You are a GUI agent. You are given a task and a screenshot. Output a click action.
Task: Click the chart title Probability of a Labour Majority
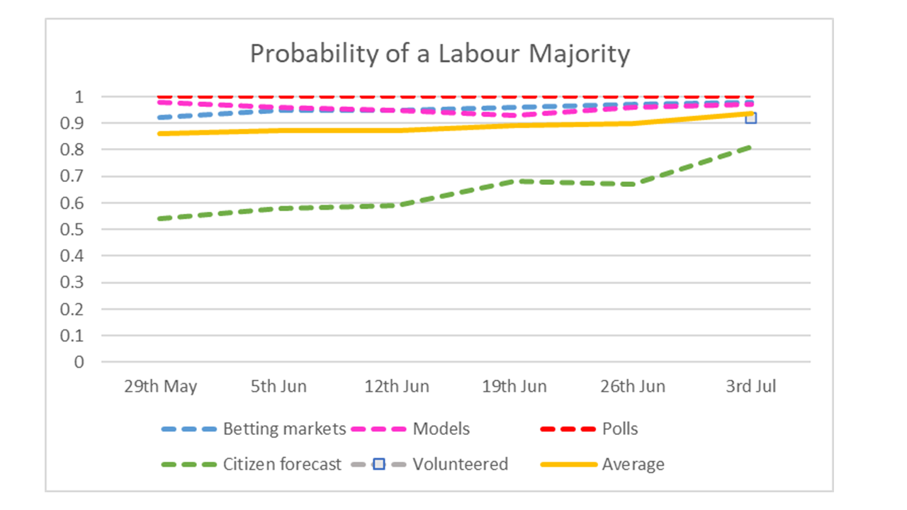439,54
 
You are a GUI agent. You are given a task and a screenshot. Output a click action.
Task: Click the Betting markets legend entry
284,429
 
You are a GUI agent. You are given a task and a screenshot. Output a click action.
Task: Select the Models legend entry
441,429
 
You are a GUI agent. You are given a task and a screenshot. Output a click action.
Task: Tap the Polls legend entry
619,429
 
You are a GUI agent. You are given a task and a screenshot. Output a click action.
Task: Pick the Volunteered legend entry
460,465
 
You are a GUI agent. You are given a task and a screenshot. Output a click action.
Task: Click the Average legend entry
633,465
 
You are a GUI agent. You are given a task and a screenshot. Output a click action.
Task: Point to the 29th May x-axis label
161,387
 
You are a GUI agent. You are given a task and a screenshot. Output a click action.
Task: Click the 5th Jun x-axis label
278,387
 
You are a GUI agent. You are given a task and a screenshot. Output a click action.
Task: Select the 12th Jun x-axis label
397,387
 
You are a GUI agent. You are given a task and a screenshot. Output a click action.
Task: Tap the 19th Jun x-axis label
514,387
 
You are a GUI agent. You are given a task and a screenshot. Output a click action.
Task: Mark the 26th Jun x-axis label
633,387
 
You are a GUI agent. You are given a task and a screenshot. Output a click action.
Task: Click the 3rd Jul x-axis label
750,387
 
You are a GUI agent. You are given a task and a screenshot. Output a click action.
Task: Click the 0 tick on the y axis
79,362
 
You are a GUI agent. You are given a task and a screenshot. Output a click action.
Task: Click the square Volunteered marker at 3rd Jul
750,118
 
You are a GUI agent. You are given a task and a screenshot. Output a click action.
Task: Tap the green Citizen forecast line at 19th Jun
514,181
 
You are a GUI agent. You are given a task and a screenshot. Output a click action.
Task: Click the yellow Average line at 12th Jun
397,130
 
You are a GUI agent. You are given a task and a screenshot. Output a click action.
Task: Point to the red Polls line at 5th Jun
278,96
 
